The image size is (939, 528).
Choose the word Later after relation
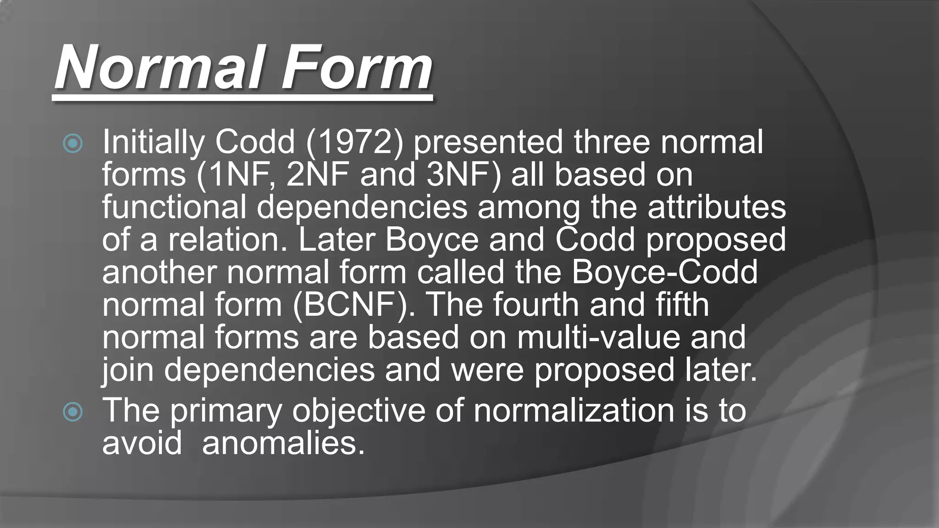(x=337, y=240)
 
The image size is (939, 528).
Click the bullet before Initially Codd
(x=73, y=144)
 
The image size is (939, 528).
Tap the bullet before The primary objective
(x=73, y=412)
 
